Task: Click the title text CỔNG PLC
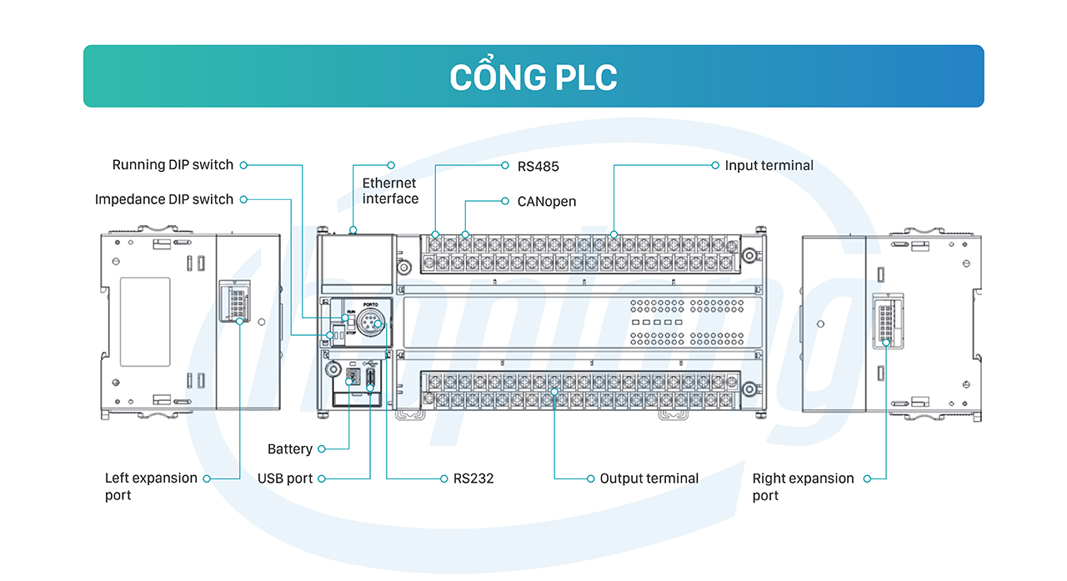tap(533, 77)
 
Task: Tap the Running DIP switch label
tap(173, 165)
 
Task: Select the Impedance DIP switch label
tap(164, 199)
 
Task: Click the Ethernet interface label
tap(390, 190)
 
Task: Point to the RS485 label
tap(538, 166)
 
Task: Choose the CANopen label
tap(546, 201)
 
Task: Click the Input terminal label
tap(769, 165)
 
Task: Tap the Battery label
tap(289, 448)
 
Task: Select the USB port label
tap(285, 478)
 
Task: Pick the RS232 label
tap(473, 478)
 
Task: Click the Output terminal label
tap(649, 478)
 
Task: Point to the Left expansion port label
tap(151, 486)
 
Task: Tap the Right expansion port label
tap(803, 487)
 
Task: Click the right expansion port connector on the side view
tap(884, 320)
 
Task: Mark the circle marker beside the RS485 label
tap(505, 165)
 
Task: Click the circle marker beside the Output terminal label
tap(588, 478)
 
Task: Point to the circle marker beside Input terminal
tap(715, 165)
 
